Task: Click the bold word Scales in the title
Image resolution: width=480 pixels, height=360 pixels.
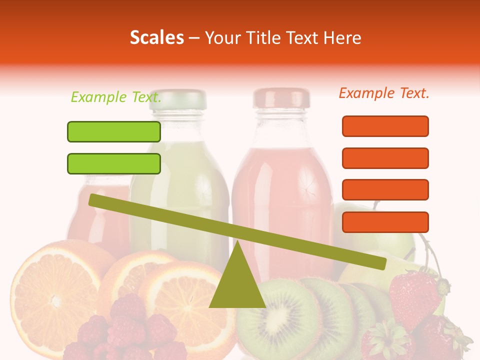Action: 156,38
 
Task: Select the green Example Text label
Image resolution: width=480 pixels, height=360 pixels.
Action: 116,97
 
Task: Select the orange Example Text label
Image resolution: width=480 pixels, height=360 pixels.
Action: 384,93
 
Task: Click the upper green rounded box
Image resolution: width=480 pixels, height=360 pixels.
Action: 114,131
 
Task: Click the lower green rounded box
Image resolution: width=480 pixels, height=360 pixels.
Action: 114,163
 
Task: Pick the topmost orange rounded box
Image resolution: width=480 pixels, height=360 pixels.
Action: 385,126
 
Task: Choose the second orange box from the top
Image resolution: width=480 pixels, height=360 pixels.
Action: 385,158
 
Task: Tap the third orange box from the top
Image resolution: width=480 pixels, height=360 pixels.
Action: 385,190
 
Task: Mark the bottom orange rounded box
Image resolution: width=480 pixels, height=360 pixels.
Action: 385,222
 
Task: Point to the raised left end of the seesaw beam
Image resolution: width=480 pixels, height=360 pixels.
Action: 95,199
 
